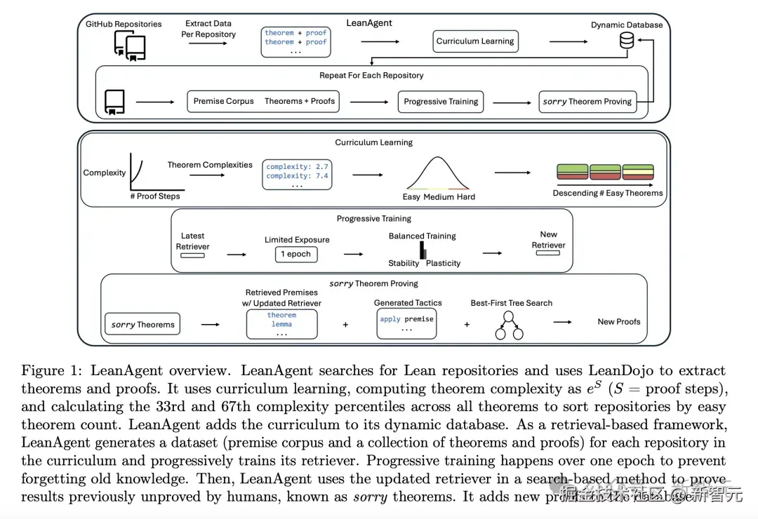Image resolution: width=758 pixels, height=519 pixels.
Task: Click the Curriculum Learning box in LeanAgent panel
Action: (x=475, y=41)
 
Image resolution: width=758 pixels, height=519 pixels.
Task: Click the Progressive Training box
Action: (x=441, y=101)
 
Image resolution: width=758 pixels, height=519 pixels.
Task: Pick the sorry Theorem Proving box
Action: (x=587, y=101)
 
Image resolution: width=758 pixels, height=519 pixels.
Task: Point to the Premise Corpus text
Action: (x=223, y=101)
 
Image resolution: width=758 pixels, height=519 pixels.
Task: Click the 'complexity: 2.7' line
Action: (x=297, y=166)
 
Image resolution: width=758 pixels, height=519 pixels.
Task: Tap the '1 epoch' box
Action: (x=296, y=254)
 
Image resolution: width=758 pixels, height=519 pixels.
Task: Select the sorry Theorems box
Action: (x=142, y=325)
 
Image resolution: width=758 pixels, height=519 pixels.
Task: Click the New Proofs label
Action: (x=618, y=321)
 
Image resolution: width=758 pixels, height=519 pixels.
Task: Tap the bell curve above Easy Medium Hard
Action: (x=437, y=174)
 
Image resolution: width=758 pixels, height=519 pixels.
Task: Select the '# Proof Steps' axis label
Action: (x=154, y=196)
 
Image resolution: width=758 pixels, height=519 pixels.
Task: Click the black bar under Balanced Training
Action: (x=423, y=250)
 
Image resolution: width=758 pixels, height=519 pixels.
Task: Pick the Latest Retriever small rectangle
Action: (x=192, y=255)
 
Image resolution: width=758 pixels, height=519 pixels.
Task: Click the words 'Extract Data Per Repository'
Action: (x=208, y=29)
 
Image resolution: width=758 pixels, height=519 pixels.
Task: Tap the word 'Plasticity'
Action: (x=443, y=263)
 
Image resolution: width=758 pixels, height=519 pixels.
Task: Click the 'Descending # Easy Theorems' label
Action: (x=608, y=193)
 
